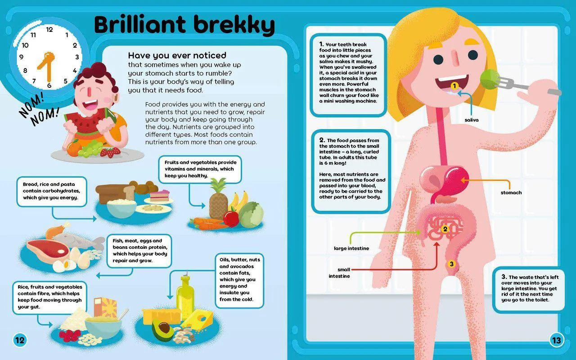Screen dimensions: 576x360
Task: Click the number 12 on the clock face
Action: (49, 30)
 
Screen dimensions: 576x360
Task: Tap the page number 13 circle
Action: (557, 340)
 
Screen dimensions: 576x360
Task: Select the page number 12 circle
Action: (20, 340)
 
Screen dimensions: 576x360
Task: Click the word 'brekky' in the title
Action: (234, 25)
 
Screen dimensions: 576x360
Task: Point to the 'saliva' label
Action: (472, 120)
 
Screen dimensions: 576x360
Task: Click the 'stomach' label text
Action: (511, 193)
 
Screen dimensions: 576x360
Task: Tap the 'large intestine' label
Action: (351, 248)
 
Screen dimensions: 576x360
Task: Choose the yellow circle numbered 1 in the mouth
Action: (454, 86)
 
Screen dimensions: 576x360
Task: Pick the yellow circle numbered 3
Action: (451, 264)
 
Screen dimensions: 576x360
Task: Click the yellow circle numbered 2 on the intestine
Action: (445, 229)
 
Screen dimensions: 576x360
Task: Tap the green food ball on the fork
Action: (489, 79)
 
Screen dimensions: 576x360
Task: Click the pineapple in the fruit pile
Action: (219, 201)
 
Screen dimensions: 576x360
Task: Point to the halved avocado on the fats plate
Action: (162, 330)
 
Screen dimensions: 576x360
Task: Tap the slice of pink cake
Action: (159, 196)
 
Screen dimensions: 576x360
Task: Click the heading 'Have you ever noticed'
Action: (177, 55)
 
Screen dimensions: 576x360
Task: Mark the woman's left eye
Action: (473, 55)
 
